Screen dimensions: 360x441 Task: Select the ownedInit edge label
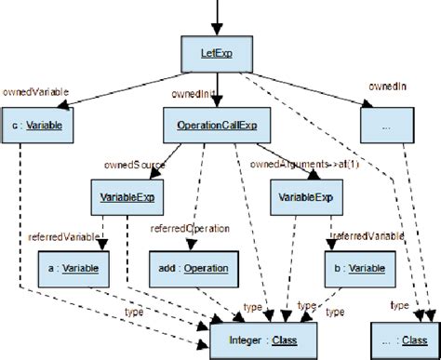tap(192, 94)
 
